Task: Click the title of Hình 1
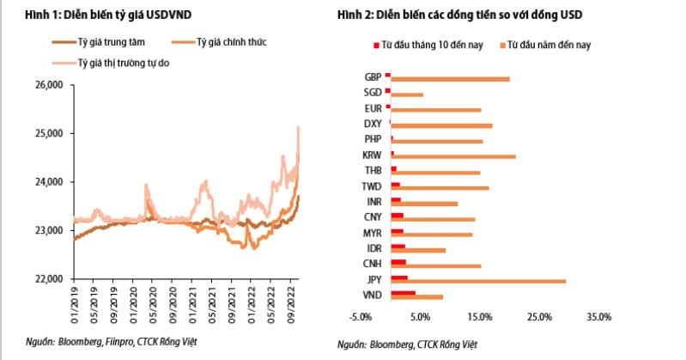[108, 15]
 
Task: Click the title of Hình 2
[460, 15]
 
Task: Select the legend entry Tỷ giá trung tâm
[99, 42]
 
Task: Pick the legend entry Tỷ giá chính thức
[219, 42]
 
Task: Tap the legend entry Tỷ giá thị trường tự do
[111, 63]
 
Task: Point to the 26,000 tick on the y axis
[49, 84]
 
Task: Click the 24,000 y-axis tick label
[49, 182]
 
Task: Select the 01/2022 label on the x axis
[251, 305]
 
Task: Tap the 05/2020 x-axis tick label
[153, 305]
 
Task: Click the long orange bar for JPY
[478, 281]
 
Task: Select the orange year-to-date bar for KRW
[453, 156]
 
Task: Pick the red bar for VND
[403, 293]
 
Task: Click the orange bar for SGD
[407, 95]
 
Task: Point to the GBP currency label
[373, 77]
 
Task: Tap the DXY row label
[373, 124]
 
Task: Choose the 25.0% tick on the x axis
[539, 317]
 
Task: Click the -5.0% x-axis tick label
[360, 317]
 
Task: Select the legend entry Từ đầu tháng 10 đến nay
[428, 46]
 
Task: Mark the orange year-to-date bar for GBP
[450, 79]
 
